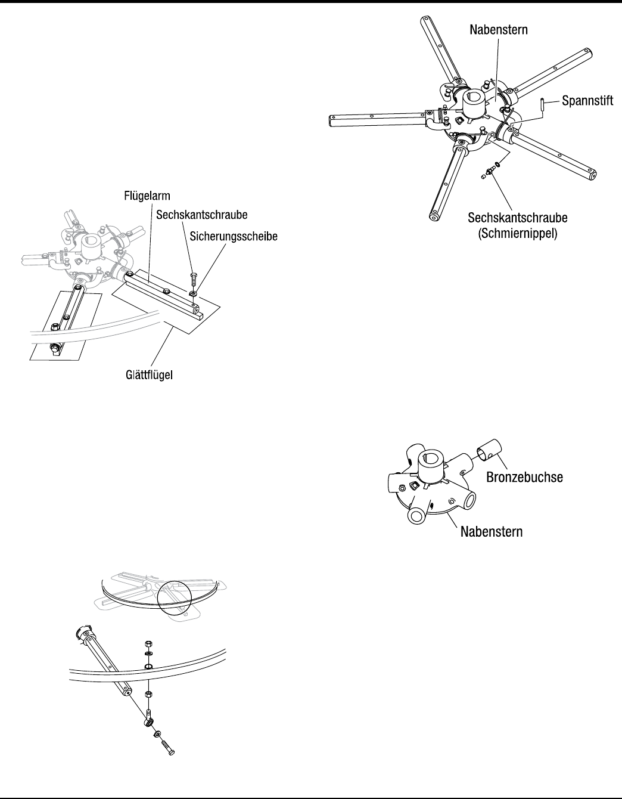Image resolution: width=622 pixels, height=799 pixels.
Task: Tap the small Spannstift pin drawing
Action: [542, 105]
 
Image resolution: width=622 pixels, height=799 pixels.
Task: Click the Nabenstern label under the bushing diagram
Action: [492, 531]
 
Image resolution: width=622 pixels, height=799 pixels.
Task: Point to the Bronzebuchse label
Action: [524, 477]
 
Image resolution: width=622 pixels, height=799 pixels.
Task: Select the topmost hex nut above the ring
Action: [148, 643]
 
